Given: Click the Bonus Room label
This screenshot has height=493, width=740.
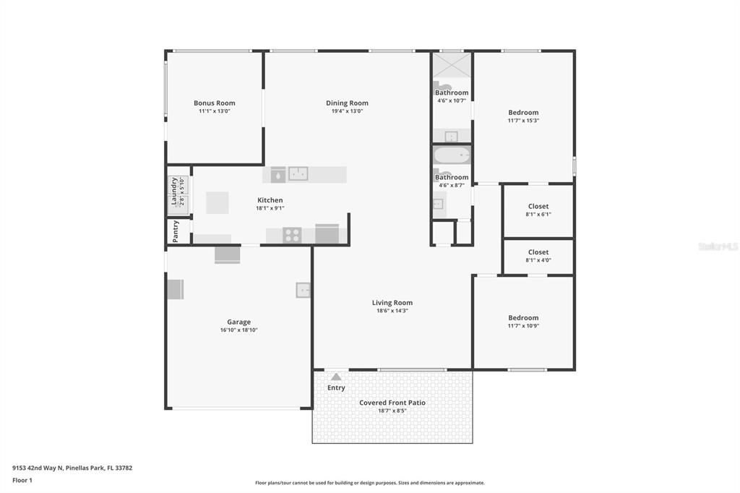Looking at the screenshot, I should click(x=214, y=103).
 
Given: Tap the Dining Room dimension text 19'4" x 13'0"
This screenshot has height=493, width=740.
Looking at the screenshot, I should click(x=347, y=111).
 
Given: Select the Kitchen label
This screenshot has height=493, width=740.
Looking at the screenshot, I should click(x=270, y=200).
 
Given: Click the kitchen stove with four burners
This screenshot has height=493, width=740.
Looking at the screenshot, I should click(x=292, y=234).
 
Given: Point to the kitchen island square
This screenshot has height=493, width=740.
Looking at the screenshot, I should click(x=217, y=202).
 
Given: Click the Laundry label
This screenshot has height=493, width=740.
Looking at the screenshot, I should click(x=174, y=192).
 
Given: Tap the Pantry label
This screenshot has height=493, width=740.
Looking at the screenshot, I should click(x=175, y=231).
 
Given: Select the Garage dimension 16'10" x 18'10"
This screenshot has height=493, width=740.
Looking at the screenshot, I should click(x=238, y=330).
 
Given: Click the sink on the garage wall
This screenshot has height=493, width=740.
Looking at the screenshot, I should click(x=303, y=290).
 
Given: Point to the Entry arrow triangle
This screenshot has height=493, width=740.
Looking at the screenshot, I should click(x=335, y=376).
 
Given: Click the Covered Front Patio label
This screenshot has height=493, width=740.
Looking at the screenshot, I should click(x=392, y=403).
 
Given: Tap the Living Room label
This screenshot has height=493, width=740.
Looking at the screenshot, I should click(x=392, y=303).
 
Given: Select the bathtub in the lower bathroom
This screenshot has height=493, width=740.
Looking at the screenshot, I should click(x=452, y=156).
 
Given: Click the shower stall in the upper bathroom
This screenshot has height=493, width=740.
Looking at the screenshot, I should click(x=452, y=66).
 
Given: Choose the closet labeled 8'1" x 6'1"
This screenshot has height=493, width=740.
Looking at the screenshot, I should click(x=538, y=210).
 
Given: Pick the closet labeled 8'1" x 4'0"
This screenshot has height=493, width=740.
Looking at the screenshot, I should click(x=538, y=256).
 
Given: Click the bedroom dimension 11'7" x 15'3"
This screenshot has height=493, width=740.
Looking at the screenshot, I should click(x=523, y=120).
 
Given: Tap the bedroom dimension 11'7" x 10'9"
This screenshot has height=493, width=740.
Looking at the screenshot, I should click(x=523, y=325).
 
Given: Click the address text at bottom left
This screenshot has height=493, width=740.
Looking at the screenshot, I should click(x=72, y=468).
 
